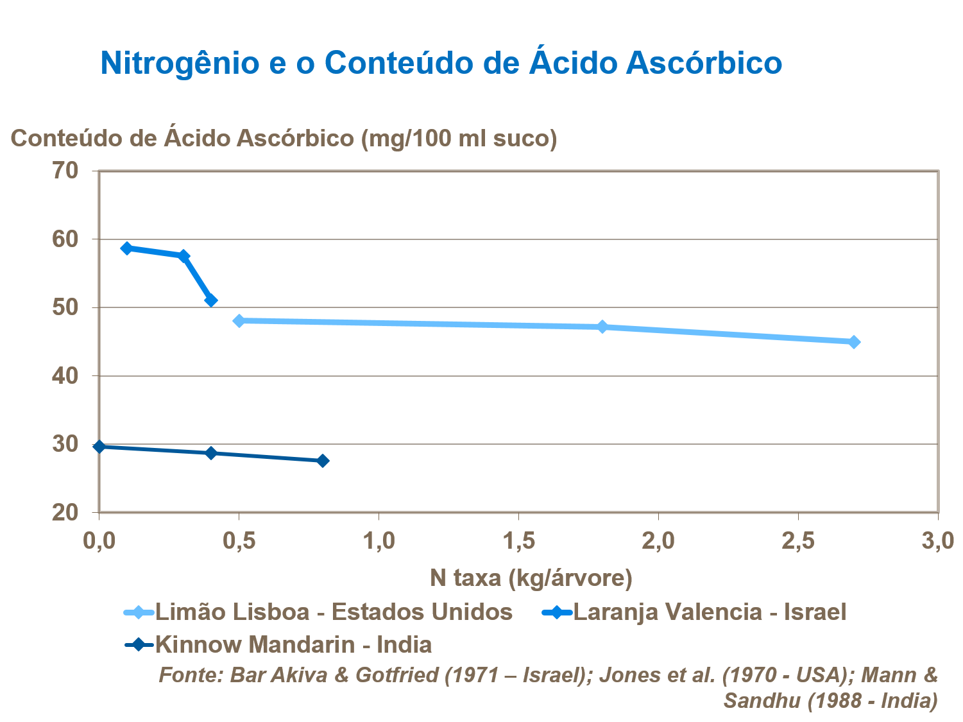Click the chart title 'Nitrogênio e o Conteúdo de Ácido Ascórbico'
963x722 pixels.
(x=441, y=63)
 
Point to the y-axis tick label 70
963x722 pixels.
(x=65, y=171)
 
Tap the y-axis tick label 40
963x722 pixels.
(x=65, y=376)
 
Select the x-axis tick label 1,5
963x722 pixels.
(x=518, y=541)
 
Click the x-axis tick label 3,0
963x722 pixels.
(x=937, y=541)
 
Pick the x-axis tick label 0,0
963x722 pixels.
(x=99, y=541)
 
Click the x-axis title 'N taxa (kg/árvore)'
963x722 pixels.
(x=531, y=578)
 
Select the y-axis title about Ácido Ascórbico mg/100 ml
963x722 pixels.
(x=284, y=138)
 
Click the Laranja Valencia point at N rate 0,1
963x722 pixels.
(x=127, y=248)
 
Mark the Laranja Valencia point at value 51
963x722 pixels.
(x=211, y=300)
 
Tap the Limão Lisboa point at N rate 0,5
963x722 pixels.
(x=239, y=321)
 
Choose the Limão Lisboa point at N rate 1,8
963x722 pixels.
(x=602, y=327)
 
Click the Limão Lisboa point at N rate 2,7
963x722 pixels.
(x=854, y=342)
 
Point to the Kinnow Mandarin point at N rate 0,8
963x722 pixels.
(x=323, y=461)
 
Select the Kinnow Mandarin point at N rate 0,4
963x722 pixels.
(x=211, y=453)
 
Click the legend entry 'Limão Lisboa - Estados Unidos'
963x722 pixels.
(x=334, y=612)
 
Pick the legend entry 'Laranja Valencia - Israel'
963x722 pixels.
(x=709, y=612)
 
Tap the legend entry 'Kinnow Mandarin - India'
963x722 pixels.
(x=293, y=644)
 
